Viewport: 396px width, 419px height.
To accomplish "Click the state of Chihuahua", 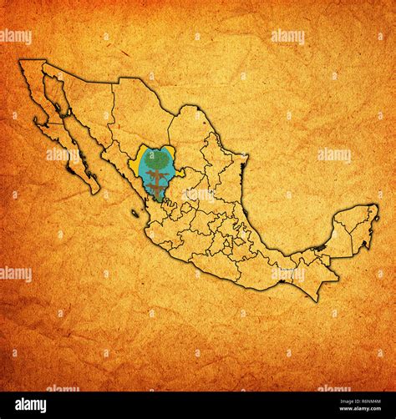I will [x=138, y=117].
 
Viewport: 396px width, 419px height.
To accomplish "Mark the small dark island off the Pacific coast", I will [x=135, y=214].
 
